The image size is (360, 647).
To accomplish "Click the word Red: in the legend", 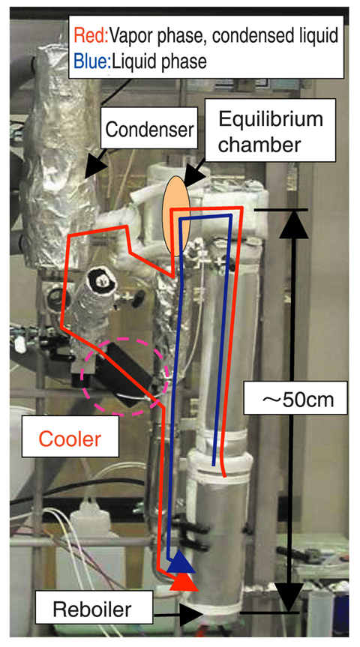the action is point(91,36).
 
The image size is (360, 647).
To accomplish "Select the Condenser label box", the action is point(149,130).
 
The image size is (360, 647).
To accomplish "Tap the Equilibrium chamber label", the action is point(271,132).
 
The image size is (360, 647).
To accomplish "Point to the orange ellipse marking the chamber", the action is point(175,216).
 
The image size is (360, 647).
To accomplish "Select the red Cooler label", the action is point(70,439).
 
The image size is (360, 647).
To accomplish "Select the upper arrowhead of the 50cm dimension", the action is point(294,226).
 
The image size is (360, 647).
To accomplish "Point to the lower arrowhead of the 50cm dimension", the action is point(292,597).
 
